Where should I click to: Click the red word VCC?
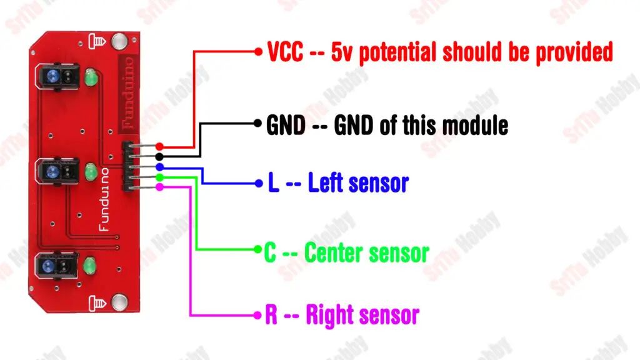285,52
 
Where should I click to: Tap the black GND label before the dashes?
286,125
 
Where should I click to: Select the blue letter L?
274,182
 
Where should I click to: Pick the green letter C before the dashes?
270,252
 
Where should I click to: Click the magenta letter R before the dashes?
271,314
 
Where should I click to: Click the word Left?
325,182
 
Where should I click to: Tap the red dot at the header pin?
159,146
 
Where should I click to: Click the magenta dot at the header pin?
159,186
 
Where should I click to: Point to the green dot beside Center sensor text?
257,249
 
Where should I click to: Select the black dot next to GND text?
257,123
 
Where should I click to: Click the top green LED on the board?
91,77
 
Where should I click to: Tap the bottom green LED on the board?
89,266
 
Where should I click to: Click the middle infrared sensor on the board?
57,171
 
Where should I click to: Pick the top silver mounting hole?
119,41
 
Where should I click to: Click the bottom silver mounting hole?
119,302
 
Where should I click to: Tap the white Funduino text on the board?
104,199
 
